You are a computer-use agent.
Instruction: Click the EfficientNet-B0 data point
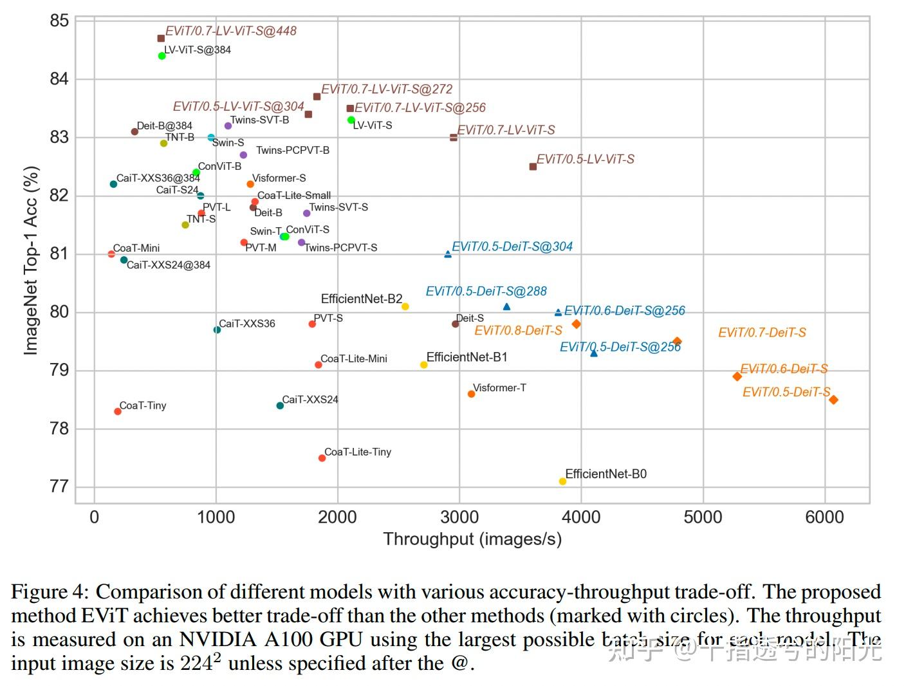(x=562, y=481)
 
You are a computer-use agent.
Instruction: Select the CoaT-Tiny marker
(x=118, y=411)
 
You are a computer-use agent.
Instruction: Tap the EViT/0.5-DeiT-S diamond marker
(x=833, y=400)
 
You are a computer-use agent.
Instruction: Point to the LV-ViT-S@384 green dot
(x=162, y=56)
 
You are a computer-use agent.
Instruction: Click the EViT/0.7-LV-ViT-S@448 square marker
(x=161, y=39)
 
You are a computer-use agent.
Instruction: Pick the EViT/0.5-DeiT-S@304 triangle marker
(x=448, y=254)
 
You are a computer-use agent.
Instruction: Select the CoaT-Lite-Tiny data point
(x=322, y=458)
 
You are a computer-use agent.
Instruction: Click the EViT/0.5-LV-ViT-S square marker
(x=533, y=167)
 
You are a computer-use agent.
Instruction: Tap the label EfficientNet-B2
(x=361, y=299)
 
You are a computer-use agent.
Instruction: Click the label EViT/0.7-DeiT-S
(x=762, y=333)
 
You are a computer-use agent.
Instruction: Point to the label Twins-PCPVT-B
(x=292, y=150)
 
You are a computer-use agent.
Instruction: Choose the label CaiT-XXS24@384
(x=168, y=265)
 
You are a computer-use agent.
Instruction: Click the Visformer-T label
(x=499, y=387)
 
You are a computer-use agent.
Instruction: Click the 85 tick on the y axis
(x=59, y=21)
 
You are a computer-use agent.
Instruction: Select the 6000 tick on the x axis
(x=824, y=517)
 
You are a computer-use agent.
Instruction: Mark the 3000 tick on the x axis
(x=459, y=517)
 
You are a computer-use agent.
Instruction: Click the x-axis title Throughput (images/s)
(x=472, y=539)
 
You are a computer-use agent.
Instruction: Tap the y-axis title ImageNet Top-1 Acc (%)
(x=31, y=261)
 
